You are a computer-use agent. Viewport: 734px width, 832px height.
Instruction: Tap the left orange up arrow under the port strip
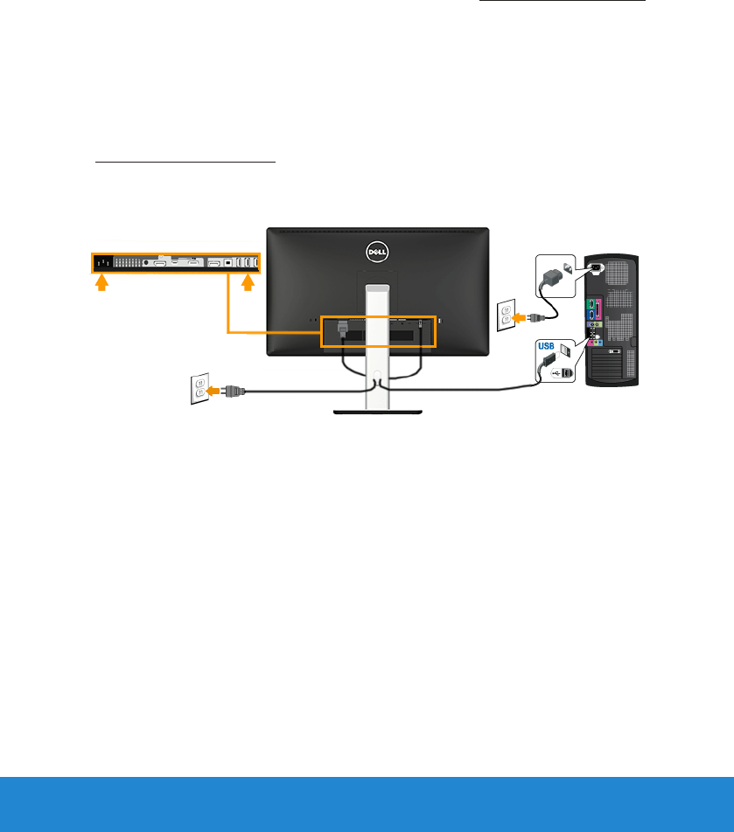pyautogui.click(x=101, y=282)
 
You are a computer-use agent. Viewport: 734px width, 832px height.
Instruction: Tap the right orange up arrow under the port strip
pyautogui.click(x=249, y=282)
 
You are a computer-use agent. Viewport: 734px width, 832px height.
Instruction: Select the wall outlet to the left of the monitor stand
pyautogui.click(x=200, y=387)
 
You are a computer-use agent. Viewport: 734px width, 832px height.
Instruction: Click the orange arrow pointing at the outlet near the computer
pyautogui.click(x=526, y=317)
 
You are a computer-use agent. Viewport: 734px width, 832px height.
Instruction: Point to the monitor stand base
pyautogui.click(x=377, y=410)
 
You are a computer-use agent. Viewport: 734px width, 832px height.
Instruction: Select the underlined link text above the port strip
pyautogui.click(x=185, y=162)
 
